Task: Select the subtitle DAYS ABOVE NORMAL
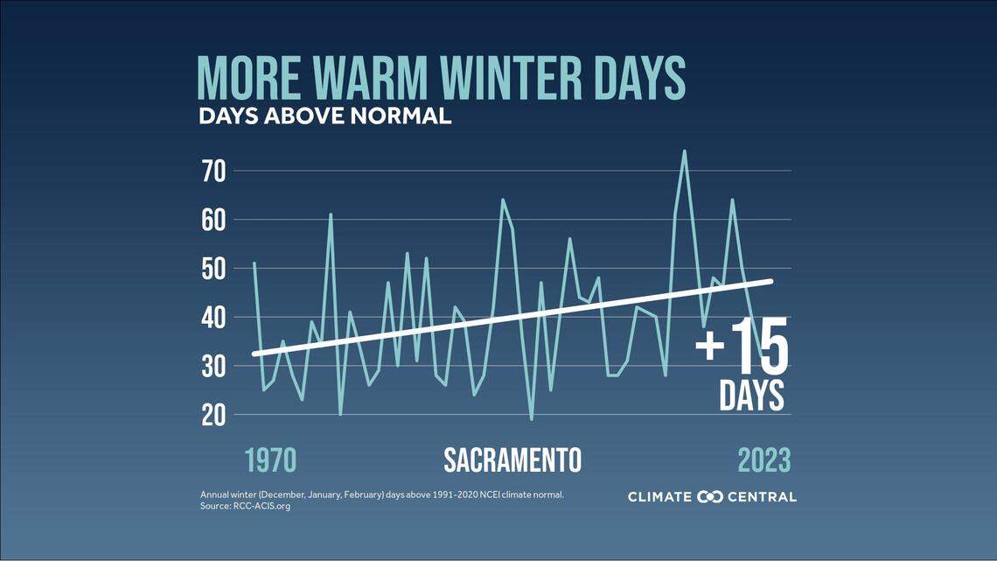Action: coord(324,116)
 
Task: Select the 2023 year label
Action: coord(763,460)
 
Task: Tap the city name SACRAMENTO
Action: coord(512,460)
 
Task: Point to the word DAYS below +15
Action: coord(752,396)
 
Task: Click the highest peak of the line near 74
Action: coord(684,151)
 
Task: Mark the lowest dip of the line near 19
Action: coord(531,419)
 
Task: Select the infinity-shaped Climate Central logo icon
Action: coord(710,497)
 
